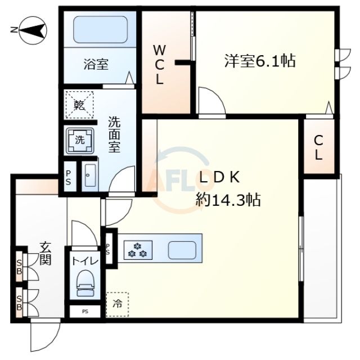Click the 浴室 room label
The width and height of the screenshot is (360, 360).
pos(96,65)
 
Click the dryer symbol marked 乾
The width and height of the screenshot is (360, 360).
pos(79,105)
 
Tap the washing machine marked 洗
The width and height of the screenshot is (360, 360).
pos(79,139)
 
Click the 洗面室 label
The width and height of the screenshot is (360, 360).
pos(115,135)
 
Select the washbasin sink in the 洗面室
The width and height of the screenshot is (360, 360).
pos(89,177)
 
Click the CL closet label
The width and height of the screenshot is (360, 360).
pos(318,148)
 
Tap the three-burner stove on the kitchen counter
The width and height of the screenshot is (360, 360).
pos(137,248)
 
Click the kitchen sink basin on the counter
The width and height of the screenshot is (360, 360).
pos(181,248)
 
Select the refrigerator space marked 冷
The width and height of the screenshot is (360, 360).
pos(117,305)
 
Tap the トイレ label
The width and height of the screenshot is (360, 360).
pos(85,260)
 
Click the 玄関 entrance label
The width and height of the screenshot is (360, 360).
pos(44,253)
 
